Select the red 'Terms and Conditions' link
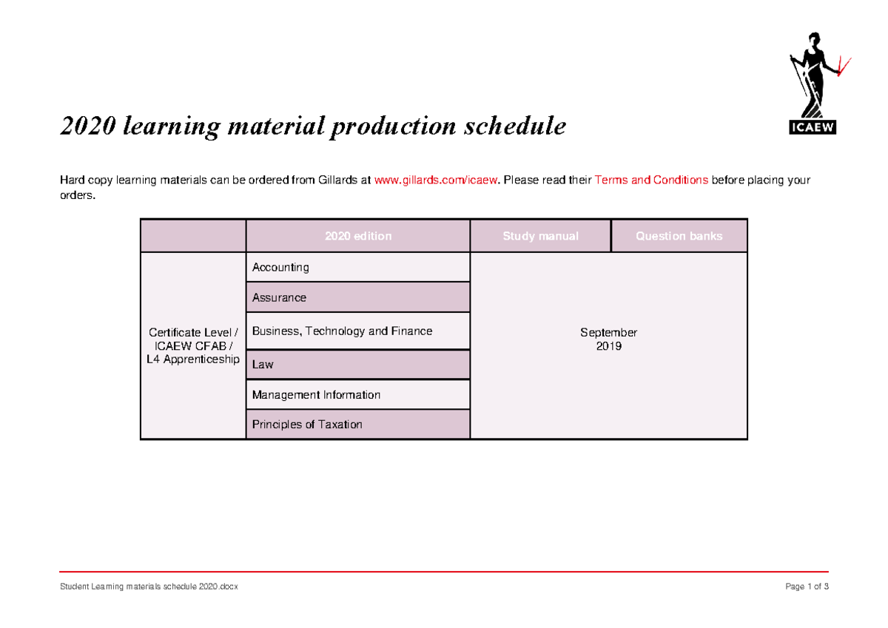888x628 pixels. [x=651, y=180]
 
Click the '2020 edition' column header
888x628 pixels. [x=358, y=237]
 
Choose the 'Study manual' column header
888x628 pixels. [x=540, y=237]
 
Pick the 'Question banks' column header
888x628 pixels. [x=679, y=237]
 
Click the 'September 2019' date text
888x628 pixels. [x=608, y=340]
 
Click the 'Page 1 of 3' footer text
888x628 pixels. [x=807, y=587]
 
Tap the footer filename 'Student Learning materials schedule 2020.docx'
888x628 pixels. [x=149, y=587]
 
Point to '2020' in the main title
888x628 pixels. [x=87, y=127]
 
